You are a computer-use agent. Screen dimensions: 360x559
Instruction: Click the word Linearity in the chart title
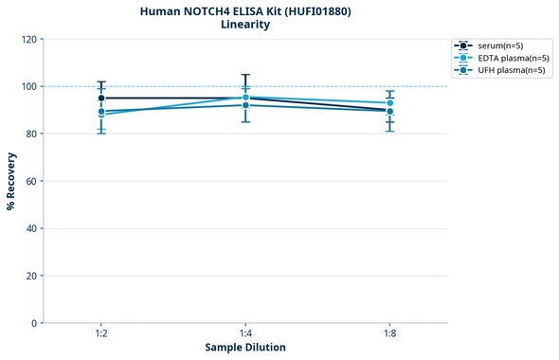tap(245, 25)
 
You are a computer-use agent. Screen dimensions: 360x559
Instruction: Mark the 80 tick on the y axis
tap(30, 134)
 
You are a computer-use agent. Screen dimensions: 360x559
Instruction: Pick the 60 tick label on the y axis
tap(30, 181)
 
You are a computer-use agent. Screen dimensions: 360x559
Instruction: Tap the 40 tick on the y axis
tap(30, 228)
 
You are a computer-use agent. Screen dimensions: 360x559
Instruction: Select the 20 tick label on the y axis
tap(30, 276)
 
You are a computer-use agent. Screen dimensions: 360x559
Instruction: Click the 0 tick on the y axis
tap(33, 323)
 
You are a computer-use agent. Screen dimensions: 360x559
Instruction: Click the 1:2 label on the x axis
tap(101, 334)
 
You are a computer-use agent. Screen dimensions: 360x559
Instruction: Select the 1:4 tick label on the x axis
tap(245, 334)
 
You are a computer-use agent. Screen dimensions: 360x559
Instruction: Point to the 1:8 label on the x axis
tap(389, 334)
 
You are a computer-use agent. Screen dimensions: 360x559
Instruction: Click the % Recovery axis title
tap(11, 181)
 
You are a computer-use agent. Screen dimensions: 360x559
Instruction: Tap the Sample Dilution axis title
tap(245, 348)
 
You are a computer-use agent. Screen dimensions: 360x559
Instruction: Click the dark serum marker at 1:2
tap(101, 98)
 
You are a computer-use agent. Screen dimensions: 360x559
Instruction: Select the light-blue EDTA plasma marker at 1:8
tap(389, 102)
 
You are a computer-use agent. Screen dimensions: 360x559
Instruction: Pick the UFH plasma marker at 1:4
tap(245, 105)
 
